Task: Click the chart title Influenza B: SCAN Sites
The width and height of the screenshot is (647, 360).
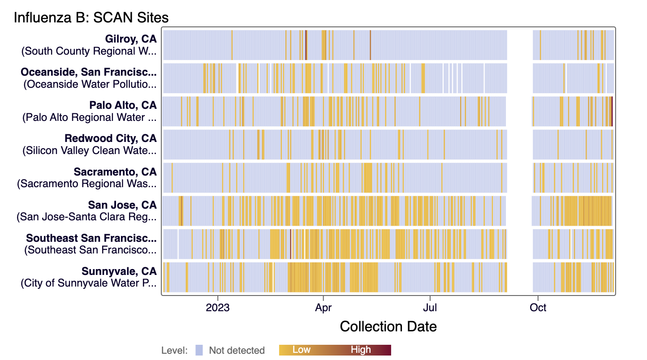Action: pyautogui.click(x=91, y=17)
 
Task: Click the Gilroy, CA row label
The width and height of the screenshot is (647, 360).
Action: pyautogui.click(x=131, y=39)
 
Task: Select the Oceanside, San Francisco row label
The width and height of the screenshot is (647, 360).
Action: pyautogui.click(x=89, y=72)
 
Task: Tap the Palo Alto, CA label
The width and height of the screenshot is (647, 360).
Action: pyautogui.click(x=123, y=105)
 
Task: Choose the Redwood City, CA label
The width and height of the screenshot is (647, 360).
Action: pyautogui.click(x=111, y=138)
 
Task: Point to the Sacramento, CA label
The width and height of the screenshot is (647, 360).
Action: pyautogui.click(x=115, y=171)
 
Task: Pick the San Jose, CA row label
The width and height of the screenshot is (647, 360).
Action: pyautogui.click(x=122, y=205)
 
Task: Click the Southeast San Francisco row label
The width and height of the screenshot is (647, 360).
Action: pyautogui.click(x=91, y=238)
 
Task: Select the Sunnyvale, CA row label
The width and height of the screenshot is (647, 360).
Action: pyautogui.click(x=119, y=271)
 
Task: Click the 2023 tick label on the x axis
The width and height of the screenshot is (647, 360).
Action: pyautogui.click(x=218, y=308)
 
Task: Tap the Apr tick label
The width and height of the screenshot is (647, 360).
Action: pyautogui.click(x=323, y=308)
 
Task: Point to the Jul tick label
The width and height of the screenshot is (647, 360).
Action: pyautogui.click(x=430, y=308)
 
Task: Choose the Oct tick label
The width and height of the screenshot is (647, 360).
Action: pyautogui.click(x=538, y=308)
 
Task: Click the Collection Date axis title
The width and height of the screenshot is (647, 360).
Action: pyautogui.click(x=388, y=326)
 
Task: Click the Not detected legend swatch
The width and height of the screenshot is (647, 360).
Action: pyautogui.click(x=199, y=350)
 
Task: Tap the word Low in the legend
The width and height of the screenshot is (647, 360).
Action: pyautogui.click(x=301, y=350)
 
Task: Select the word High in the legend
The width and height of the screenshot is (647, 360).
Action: pyautogui.click(x=361, y=350)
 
